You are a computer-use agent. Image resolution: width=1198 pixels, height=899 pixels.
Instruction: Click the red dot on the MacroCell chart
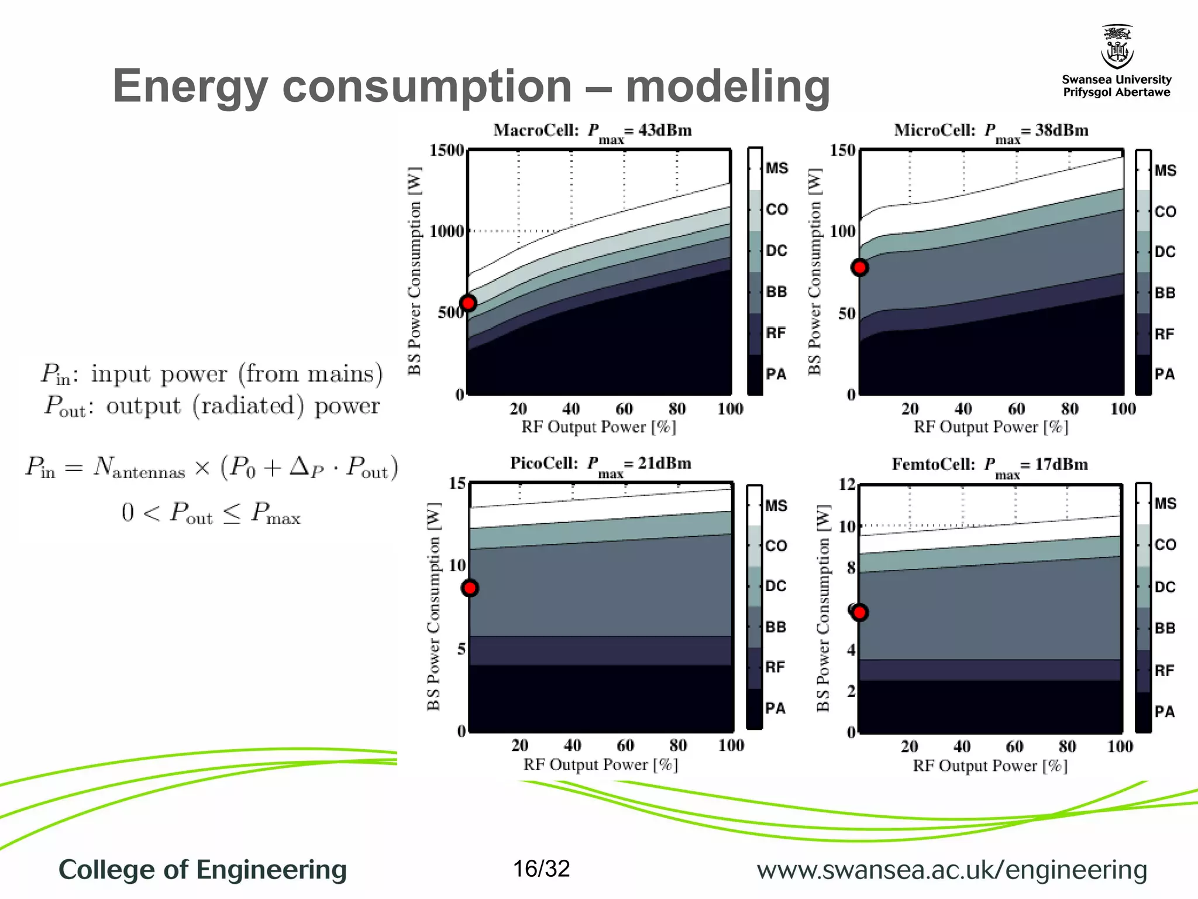point(468,303)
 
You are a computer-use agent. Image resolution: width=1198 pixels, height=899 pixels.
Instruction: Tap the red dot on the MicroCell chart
point(859,267)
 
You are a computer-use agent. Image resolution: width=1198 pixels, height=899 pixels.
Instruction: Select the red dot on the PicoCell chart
point(470,588)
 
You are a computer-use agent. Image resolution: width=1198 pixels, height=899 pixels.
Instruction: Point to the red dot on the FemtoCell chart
point(859,613)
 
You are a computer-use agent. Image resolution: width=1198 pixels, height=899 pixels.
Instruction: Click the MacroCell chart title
point(592,131)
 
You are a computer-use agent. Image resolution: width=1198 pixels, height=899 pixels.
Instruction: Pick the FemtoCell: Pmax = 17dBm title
point(989,465)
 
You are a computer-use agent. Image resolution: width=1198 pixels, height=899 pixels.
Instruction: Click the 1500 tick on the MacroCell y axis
point(447,150)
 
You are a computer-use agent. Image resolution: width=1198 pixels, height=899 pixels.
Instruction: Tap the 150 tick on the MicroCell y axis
point(842,150)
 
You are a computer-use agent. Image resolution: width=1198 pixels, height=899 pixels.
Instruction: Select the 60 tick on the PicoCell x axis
point(625,745)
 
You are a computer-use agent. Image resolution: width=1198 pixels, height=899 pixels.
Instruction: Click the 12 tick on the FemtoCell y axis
point(846,485)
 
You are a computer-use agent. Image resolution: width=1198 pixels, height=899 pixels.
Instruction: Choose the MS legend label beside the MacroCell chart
point(777,169)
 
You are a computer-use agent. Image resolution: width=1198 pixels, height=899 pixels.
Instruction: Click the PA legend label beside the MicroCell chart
point(1164,374)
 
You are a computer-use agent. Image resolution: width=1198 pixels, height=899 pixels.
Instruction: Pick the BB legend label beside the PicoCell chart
point(776,627)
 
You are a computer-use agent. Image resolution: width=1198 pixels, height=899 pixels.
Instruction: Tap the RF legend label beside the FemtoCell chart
point(1164,670)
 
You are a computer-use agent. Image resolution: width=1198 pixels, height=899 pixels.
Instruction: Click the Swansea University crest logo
point(1117,47)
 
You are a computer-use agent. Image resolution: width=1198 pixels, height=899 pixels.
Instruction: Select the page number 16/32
point(541,869)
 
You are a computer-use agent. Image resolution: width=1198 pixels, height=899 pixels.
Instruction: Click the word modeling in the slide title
point(728,87)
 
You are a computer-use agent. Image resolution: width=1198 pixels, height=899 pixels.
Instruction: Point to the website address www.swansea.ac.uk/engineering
point(952,870)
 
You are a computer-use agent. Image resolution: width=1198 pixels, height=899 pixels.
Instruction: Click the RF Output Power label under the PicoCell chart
point(600,764)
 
